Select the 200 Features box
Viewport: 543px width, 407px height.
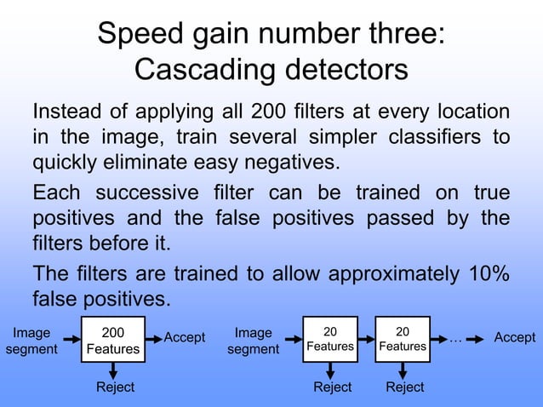click(112, 341)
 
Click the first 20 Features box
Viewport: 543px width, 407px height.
click(330, 339)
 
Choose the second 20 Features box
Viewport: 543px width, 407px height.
click(403, 339)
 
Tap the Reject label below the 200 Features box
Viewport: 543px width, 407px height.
click(114, 387)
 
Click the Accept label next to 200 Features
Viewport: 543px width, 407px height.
click(185, 338)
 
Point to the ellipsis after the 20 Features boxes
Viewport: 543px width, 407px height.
click(455, 338)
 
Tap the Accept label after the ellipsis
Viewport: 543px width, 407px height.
click(515, 338)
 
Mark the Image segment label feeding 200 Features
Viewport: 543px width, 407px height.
click(31, 341)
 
